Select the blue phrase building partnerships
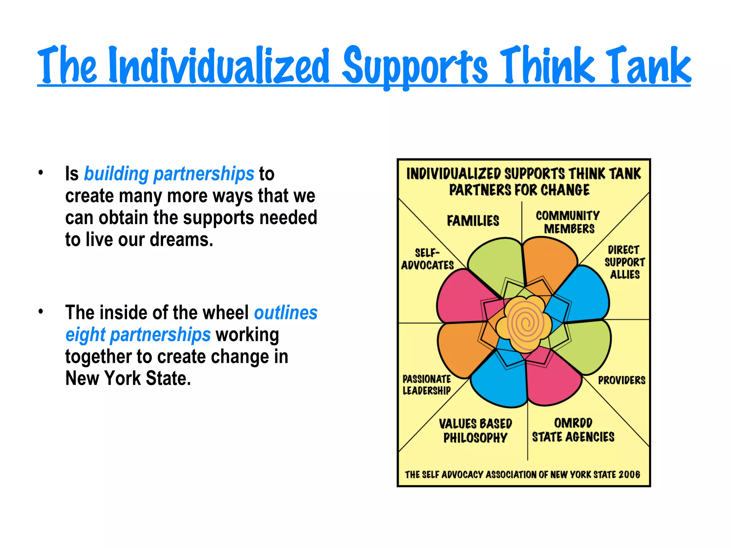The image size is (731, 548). pyautogui.click(x=169, y=174)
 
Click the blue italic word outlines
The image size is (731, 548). pyautogui.click(x=286, y=313)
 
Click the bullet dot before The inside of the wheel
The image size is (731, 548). pyautogui.click(x=41, y=311)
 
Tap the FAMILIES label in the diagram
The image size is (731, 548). pyautogui.click(x=473, y=221)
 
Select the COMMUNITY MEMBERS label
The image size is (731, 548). pyautogui.click(x=568, y=222)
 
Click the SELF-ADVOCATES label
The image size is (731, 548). pyautogui.click(x=427, y=259)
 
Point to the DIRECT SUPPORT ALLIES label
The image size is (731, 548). pyautogui.click(x=625, y=262)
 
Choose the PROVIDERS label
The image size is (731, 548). pyautogui.click(x=622, y=380)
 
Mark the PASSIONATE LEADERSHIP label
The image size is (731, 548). pyautogui.click(x=427, y=385)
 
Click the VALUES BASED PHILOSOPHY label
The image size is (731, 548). pyautogui.click(x=475, y=431)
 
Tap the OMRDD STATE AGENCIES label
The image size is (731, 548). pyautogui.click(x=573, y=430)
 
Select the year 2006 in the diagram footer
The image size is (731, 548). pyautogui.click(x=629, y=475)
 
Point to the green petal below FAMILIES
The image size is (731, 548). pyautogui.click(x=494, y=264)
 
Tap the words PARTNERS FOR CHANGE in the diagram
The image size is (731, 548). pyautogui.click(x=519, y=190)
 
